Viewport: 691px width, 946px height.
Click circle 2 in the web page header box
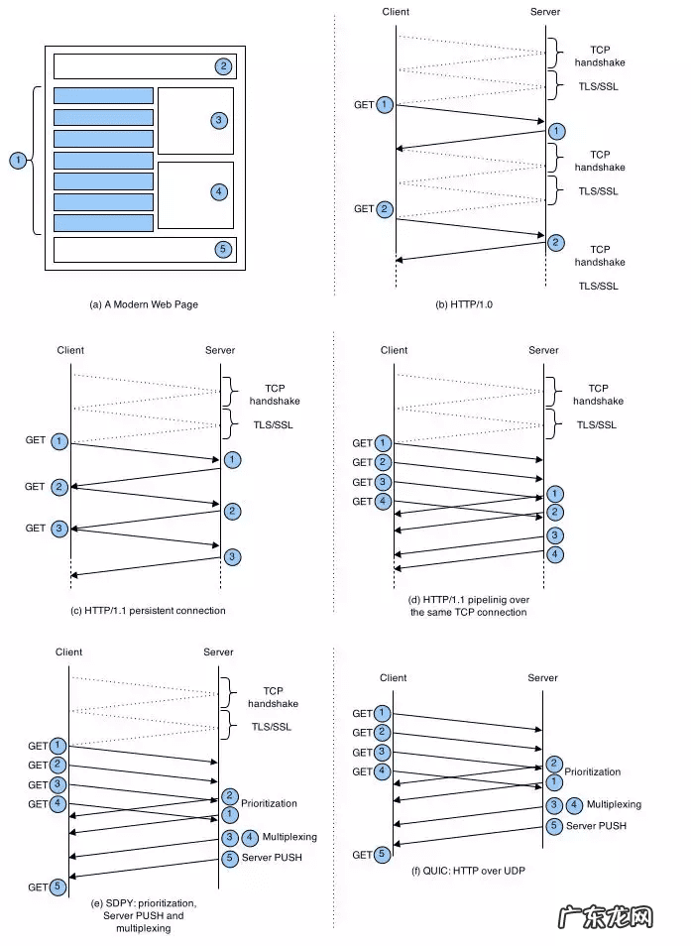[x=223, y=66]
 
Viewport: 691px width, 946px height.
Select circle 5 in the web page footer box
[x=223, y=249]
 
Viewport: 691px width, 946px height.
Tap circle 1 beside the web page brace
[x=17, y=160]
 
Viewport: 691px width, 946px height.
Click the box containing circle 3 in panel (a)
[x=195, y=120]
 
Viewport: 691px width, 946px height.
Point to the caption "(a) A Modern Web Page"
[x=144, y=304]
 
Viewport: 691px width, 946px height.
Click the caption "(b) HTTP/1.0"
[x=464, y=304]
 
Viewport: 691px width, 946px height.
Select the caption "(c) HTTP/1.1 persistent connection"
[x=149, y=610]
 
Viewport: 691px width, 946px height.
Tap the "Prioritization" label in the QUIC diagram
[x=593, y=770]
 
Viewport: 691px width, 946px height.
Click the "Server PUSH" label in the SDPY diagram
[x=272, y=857]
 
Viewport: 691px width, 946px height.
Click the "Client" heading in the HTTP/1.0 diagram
[x=396, y=12]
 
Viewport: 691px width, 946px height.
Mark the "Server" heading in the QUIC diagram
[x=543, y=677]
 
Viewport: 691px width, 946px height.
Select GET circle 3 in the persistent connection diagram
[x=59, y=529]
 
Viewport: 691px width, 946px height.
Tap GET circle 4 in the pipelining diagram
[x=385, y=502]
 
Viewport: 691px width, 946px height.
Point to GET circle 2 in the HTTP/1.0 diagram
[x=385, y=209]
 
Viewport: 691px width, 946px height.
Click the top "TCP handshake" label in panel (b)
[x=600, y=56]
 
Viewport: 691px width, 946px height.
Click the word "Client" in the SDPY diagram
[x=69, y=651]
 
